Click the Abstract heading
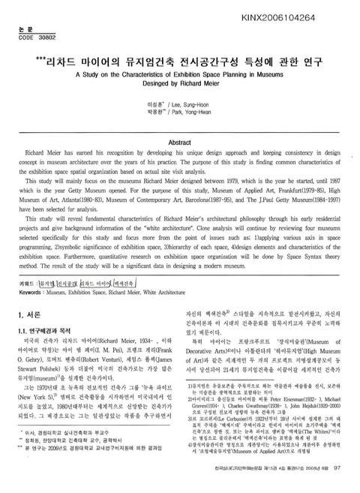tap(180, 142)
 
